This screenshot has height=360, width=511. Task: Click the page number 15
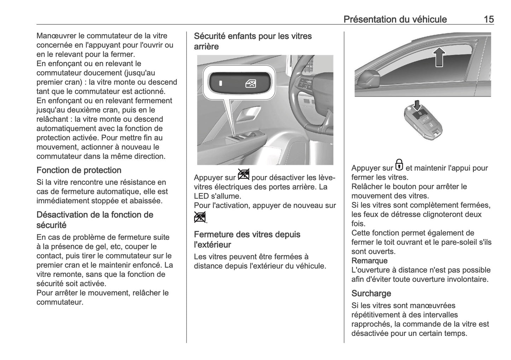coord(488,19)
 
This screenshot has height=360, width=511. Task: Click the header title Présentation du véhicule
coord(395,19)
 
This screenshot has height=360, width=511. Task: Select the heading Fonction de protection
coord(79,170)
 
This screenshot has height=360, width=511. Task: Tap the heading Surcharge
coord(371,293)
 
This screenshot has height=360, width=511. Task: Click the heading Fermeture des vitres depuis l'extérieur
coord(247,239)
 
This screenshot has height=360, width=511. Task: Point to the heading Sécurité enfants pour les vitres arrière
coord(253,41)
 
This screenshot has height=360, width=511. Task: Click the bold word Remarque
coord(369,261)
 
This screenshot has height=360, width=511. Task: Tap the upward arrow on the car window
coord(439,57)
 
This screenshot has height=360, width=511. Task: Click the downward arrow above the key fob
coord(418,105)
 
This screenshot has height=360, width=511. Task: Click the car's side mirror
coord(368,79)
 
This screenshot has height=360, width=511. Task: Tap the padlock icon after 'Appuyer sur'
coord(399,165)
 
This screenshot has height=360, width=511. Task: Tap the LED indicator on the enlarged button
coord(221,84)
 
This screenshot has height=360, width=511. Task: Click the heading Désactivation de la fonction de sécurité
coord(95,220)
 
